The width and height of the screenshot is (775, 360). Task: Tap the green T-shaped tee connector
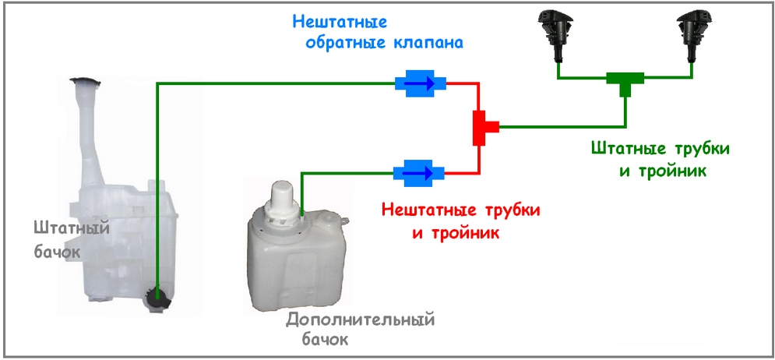pos(625,81)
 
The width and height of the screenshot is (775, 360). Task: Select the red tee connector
pos(484,126)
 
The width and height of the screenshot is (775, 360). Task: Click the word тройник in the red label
pos(463,232)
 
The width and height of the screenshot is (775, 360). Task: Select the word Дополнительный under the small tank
pos(360,319)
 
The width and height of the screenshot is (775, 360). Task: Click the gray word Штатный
pos(70,228)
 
